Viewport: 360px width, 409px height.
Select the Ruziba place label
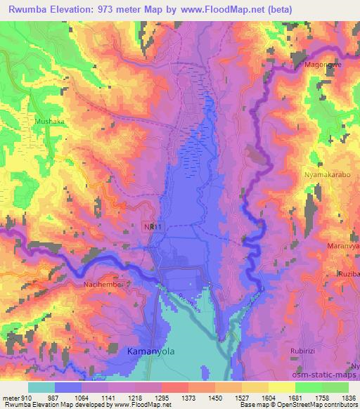click(x=349, y=273)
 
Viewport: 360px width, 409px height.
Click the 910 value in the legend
click(x=20, y=398)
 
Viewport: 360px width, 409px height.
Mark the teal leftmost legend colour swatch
click(x=41, y=387)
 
